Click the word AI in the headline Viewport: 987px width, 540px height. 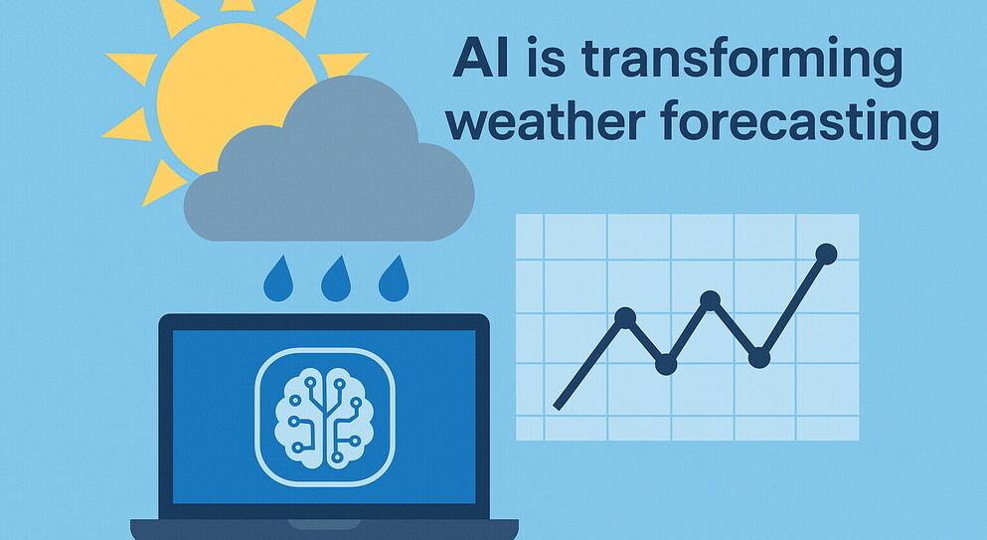(x=480, y=58)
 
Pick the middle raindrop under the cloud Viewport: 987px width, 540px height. (x=336, y=278)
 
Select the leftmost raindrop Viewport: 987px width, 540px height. (x=278, y=278)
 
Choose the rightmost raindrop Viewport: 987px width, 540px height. (x=394, y=278)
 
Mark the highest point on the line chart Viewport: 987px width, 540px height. (x=826, y=254)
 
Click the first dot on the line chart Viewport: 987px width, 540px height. (x=625, y=317)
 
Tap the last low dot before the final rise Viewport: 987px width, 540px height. (x=759, y=358)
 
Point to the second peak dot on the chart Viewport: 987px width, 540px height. (x=710, y=300)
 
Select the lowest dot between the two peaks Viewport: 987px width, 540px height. (x=666, y=364)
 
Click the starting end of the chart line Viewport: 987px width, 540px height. (x=557, y=407)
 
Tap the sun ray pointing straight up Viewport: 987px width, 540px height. (x=238, y=5)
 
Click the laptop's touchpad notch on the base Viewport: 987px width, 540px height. (x=324, y=524)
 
